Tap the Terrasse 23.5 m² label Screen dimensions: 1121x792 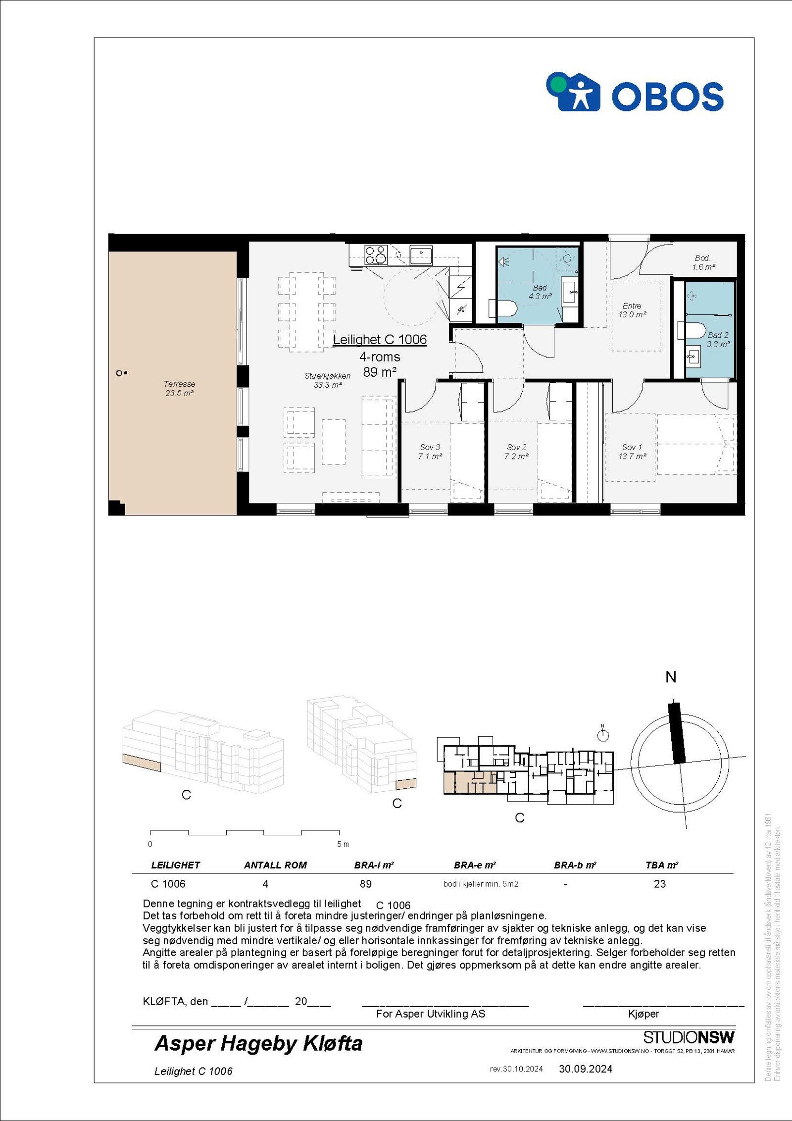[x=179, y=389]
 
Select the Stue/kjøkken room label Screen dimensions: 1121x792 [x=327, y=380]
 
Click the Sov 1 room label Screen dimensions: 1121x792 [x=632, y=452]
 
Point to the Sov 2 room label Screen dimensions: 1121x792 [x=516, y=452]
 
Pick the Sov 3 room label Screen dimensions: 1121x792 [x=430, y=452]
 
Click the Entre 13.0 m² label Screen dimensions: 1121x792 [x=632, y=310]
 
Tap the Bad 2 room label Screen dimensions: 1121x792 [x=718, y=340]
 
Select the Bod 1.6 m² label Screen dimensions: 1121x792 [x=703, y=262]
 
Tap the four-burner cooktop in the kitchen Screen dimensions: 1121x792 [x=375, y=255]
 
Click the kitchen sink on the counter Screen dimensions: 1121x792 [x=421, y=255]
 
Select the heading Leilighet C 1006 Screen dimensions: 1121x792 [x=380, y=340]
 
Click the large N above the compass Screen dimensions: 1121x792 [x=671, y=677]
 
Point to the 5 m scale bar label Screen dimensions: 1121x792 [x=343, y=844]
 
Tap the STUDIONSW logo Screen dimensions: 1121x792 [x=689, y=1037]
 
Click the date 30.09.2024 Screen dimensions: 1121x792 [x=586, y=1069]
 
